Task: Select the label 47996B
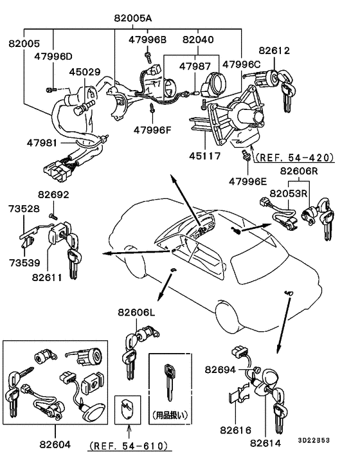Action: tap(147, 41)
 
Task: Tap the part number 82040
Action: tap(201, 41)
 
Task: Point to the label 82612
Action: tap(274, 50)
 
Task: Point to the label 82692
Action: tap(54, 194)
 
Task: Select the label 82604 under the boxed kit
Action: tap(54, 443)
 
